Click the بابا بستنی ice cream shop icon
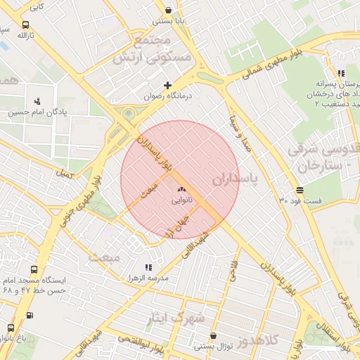click(168, 11)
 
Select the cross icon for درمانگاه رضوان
click(167, 85)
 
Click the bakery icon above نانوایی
click(181, 189)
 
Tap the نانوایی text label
click(181, 200)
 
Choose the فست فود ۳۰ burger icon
click(300, 191)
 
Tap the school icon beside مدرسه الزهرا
click(148, 268)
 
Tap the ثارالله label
click(25, 34)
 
